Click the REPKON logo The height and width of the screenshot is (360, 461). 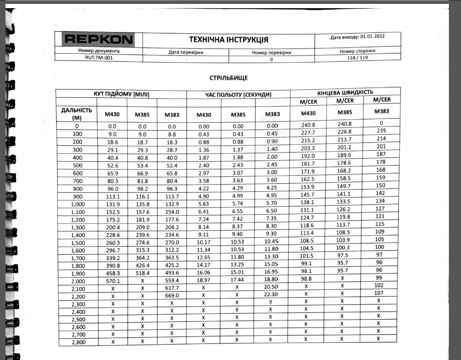98,40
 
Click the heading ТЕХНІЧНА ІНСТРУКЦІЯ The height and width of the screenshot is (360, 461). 228,39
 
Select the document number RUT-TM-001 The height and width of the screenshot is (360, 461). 99,57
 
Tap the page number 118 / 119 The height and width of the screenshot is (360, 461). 358,57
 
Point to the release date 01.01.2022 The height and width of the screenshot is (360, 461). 373,37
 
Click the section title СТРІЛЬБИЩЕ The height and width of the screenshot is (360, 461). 228,78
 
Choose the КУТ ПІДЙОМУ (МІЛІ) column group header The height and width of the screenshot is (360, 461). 121,94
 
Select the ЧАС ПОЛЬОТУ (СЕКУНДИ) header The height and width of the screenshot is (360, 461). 238,94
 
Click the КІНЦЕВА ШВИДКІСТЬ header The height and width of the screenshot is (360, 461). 345,92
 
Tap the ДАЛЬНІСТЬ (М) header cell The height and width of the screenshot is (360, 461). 77,113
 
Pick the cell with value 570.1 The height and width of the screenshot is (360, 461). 112,281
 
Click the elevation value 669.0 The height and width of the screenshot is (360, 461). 172,296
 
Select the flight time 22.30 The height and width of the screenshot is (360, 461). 271,294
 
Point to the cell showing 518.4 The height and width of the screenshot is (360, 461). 142,273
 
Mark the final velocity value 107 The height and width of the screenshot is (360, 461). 379,293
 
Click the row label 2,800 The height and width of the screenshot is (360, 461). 78,342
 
